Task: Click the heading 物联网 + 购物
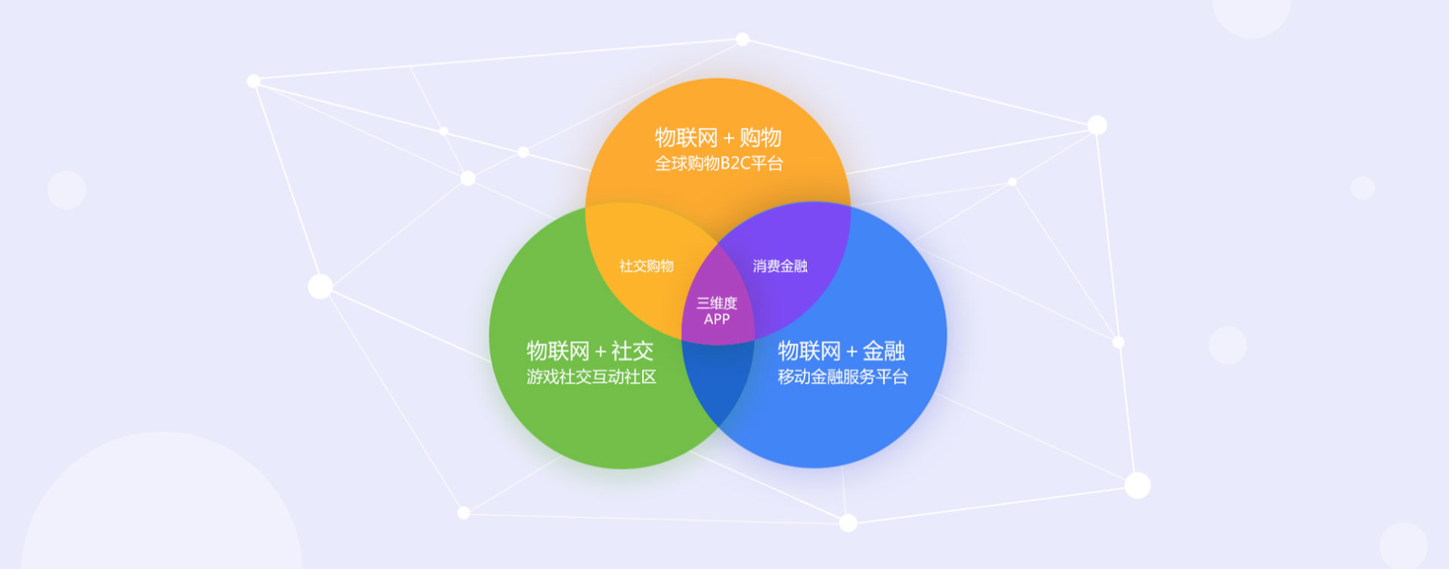718,138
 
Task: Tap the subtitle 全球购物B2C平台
718,163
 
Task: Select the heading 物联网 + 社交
590,351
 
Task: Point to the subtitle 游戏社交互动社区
591,376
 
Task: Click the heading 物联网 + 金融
841,351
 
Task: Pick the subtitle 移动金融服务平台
842,376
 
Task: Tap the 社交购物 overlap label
647,266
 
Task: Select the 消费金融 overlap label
780,266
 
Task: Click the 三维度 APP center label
717,311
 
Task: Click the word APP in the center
717,320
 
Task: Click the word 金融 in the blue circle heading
884,351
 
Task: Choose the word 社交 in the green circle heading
633,351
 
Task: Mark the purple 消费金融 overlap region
792,247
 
